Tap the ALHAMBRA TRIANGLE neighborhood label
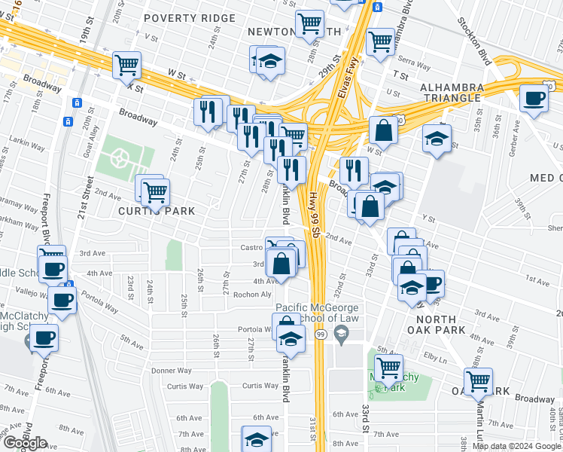coord(451,93)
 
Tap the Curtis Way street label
coord(185,386)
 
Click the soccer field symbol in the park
coord(118,158)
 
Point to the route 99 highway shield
coord(321,334)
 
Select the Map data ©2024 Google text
coord(517,446)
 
